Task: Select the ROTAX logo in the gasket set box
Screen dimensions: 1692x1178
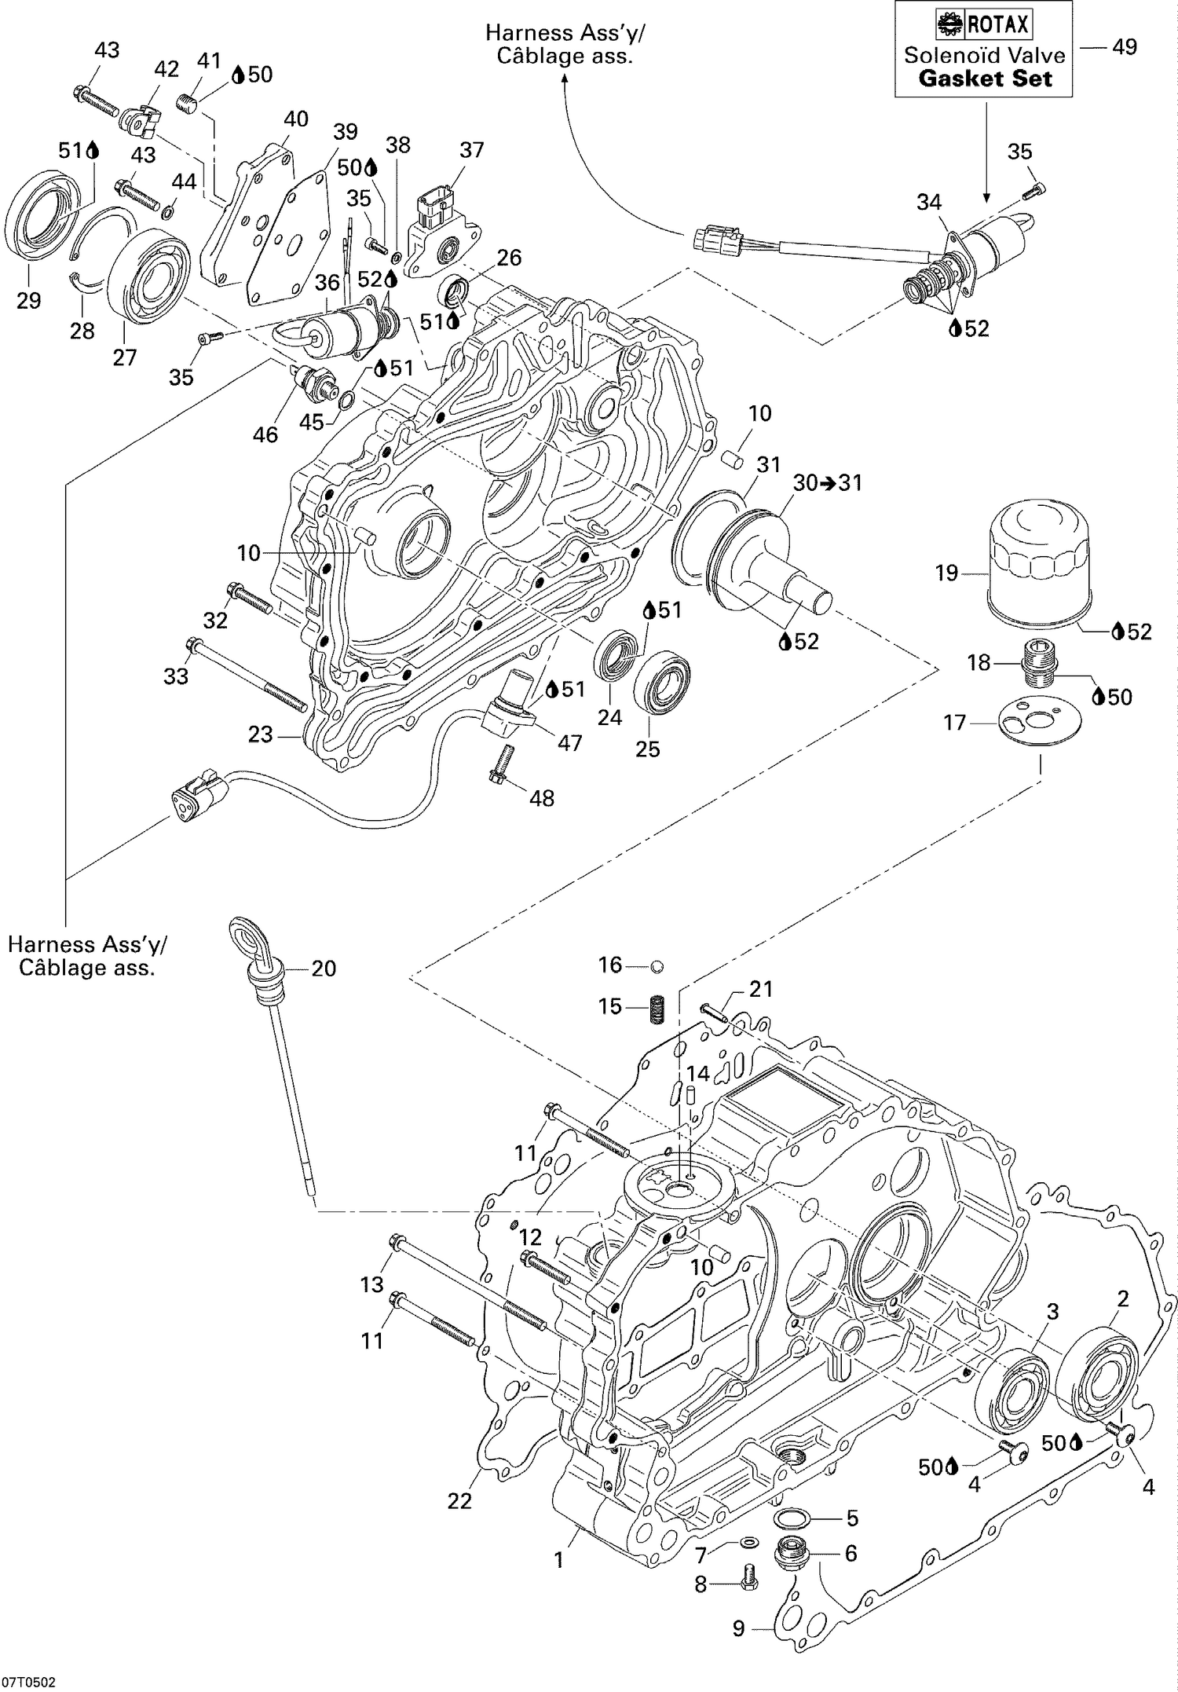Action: [x=983, y=24]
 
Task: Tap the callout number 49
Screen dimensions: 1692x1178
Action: [x=1124, y=47]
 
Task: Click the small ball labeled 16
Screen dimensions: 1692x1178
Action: [x=657, y=965]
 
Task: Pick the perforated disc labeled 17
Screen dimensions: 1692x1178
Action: [x=1039, y=722]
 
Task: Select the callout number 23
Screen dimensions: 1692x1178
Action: [x=260, y=734]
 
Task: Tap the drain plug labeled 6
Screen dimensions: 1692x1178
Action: [x=789, y=1555]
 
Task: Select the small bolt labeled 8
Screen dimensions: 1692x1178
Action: [x=747, y=1587]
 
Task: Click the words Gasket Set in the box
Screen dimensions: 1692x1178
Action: [x=984, y=78]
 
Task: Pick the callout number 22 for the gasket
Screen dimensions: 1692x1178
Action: [x=459, y=1501]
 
